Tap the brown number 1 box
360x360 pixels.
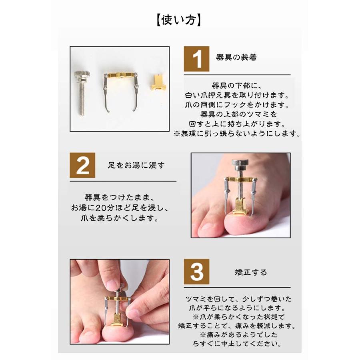click(x=196, y=59)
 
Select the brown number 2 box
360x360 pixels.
click(x=83, y=165)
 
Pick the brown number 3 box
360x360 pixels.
click(x=196, y=272)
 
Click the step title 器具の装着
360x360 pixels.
click(x=236, y=58)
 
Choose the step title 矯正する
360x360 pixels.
click(x=251, y=272)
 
